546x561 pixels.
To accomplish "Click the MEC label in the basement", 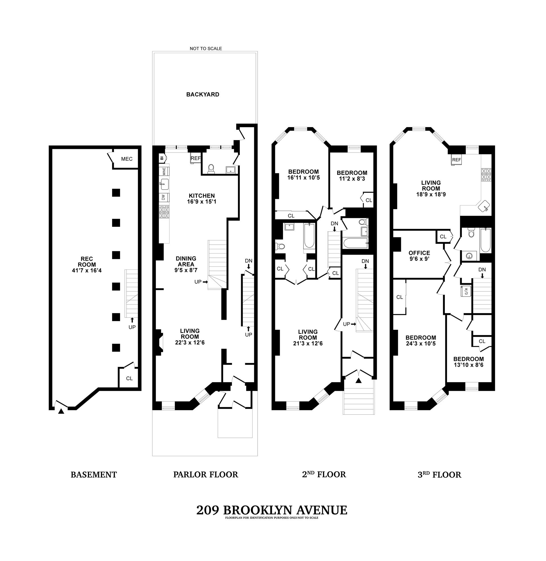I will point(127,159).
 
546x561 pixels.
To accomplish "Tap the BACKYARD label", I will point(203,94).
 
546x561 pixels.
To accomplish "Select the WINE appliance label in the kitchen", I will point(164,171).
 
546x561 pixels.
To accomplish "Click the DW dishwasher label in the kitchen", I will point(164,198).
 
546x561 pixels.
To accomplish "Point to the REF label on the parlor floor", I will point(196,158).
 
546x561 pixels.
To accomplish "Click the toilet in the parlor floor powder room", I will point(211,169).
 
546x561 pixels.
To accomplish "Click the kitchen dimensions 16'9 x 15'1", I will point(202,202).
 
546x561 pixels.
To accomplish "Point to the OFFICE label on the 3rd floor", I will point(419,253).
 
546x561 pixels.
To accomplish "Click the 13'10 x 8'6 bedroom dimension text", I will point(468,365).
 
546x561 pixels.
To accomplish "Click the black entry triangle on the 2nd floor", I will point(359,381).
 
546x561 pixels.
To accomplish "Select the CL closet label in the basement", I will point(129,378).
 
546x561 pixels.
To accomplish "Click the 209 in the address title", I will point(208,510).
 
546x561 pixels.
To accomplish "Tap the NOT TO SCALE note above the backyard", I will point(206,48).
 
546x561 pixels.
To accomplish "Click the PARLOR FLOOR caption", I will point(206,475).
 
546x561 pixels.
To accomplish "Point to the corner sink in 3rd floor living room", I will point(484,206).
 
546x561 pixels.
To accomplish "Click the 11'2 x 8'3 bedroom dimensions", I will point(352,179).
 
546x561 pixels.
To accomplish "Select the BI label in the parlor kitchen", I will point(162,157).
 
